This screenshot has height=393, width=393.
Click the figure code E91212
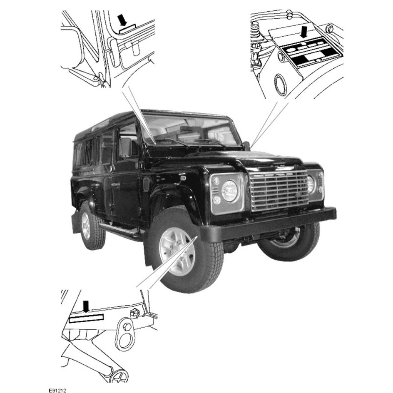pos(57,390)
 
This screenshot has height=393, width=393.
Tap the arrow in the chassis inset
pos(86,306)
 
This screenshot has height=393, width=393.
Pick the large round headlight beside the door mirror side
pos(229,191)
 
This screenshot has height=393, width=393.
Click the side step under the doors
pos(121,231)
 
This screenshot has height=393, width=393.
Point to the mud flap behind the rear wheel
pos(76,221)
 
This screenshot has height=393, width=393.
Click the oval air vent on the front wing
pos(146,184)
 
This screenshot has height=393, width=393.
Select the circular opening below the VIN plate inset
pos(281,85)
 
